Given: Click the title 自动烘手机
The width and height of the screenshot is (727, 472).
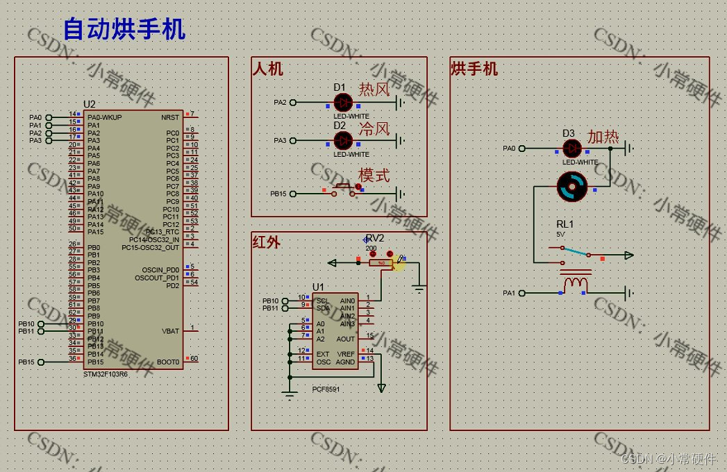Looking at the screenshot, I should point(124,30).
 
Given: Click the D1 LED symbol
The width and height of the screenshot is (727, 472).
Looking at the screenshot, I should point(343,103).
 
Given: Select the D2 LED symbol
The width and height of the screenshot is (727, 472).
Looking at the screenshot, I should point(343,141).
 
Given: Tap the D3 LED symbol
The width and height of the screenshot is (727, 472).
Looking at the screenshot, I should point(571,148).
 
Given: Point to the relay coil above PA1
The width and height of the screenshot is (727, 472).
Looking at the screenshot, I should point(576,284).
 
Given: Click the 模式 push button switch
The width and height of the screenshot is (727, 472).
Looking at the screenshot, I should point(343,188).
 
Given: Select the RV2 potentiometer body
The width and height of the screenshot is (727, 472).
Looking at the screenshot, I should point(381,263).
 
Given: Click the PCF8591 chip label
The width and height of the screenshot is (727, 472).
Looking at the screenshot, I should point(326,389).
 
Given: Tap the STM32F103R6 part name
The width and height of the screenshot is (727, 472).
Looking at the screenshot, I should point(106,374).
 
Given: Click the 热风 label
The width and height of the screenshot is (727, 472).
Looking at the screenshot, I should point(374,90).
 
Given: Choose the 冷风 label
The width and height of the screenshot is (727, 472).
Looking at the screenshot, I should point(374,128).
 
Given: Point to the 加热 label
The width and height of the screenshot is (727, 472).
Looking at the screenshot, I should point(603,137).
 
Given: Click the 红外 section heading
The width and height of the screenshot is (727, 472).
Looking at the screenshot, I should point(267,242).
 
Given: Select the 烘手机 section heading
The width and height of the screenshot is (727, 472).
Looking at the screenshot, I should point(474,69).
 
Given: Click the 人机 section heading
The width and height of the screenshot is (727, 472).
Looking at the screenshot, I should point(267,69).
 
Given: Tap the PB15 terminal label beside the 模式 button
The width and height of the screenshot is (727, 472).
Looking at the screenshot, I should point(278,194).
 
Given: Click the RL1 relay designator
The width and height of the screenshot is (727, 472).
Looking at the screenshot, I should point(565,225).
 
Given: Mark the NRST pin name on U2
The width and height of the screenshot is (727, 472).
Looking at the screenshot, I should point(170,117).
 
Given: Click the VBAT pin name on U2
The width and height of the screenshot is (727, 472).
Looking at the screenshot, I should point(170,331).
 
